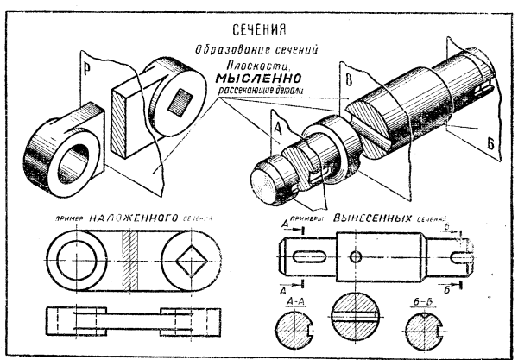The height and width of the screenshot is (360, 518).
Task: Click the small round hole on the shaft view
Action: tap(357, 256)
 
